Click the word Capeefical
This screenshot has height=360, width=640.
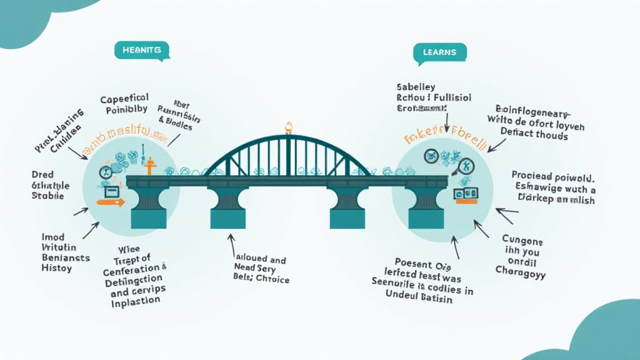(x=124, y=98)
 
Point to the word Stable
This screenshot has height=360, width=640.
(x=47, y=196)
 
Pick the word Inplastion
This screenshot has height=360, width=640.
(x=135, y=299)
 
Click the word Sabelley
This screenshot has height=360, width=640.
(x=416, y=87)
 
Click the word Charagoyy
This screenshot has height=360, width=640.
(x=520, y=272)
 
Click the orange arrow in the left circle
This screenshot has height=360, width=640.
(x=111, y=202)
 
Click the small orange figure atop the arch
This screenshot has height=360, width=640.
(x=288, y=127)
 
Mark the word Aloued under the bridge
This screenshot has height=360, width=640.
(x=246, y=259)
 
